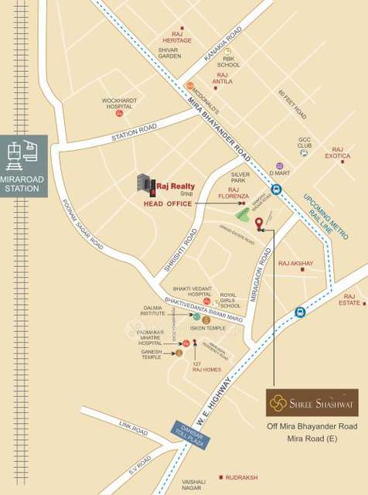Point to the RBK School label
point(230,63)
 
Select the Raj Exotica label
point(337,153)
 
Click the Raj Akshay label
point(296,264)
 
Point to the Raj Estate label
point(353,299)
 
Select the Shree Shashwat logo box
point(312,402)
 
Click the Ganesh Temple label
point(152,353)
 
